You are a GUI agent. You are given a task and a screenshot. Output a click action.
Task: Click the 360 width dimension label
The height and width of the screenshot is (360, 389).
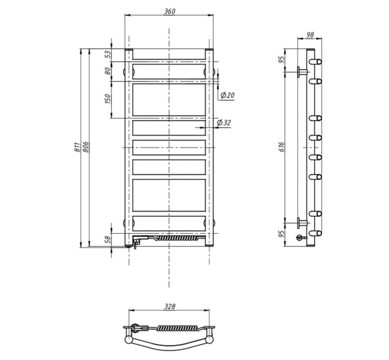(x=170, y=11)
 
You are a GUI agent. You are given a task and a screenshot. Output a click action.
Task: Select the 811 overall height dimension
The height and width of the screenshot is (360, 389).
(x=77, y=147)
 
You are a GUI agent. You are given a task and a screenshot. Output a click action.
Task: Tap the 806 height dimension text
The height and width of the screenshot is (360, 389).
(x=85, y=147)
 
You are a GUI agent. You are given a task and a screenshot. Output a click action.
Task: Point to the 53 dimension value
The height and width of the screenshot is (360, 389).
(x=108, y=54)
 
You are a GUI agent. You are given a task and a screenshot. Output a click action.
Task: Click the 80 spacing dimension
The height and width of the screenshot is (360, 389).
(x=108, y=71)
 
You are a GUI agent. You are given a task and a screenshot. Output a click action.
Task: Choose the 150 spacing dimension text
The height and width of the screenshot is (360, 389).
(x=108, y=99)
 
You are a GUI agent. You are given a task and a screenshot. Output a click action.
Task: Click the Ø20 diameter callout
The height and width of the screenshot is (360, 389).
(x=227, y=95)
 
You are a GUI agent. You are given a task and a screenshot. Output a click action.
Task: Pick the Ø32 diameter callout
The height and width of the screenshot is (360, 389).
(x=224, y=122)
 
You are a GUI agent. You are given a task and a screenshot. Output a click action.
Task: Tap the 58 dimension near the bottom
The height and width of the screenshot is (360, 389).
(x=108, y=239)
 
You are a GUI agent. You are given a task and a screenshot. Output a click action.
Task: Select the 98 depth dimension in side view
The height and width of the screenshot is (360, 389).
(x=310, y=35)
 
